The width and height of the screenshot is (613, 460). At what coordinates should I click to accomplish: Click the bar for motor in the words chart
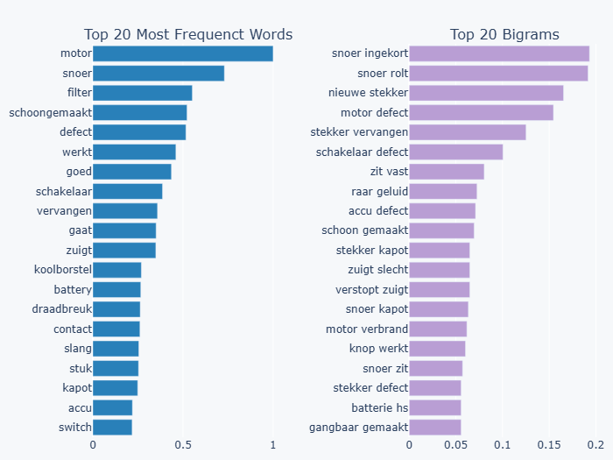pos(182,54)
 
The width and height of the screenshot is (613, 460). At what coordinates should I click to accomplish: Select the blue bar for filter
pos(142,93)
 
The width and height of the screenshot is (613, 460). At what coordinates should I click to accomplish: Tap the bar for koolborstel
pos(116,270)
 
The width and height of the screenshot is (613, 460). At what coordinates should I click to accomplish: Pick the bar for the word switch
pos(112,427)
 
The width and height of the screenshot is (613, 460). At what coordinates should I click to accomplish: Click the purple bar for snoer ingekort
pos(499,54)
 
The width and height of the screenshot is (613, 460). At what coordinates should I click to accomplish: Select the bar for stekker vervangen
pos(468,132)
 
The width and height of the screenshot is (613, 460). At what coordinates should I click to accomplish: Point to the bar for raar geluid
pos(443,191)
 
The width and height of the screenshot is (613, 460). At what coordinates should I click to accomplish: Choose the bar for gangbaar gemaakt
pos(435,427)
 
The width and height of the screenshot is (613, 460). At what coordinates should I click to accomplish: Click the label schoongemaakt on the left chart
pos(50,112)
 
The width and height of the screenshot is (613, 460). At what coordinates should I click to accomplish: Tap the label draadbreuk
pos(61,309)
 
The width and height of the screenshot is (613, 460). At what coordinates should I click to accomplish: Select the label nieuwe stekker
pos(368,93)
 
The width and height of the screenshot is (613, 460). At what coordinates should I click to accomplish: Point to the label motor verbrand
pos(366,329)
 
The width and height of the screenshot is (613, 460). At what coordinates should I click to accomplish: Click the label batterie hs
pos(379,407)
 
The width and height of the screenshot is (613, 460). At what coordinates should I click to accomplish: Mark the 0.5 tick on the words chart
pos(183,444)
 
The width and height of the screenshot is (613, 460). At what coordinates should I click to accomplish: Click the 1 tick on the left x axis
pos(273,444)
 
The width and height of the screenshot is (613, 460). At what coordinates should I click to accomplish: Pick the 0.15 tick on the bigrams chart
pos(549,444)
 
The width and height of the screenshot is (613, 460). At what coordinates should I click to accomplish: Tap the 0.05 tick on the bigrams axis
pos(456,444)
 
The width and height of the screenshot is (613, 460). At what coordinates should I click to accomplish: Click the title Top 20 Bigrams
pos(504,35)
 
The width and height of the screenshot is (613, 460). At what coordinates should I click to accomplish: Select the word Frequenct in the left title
pos(212,35)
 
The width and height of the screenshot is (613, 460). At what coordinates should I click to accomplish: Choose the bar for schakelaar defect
pos(456,152)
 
